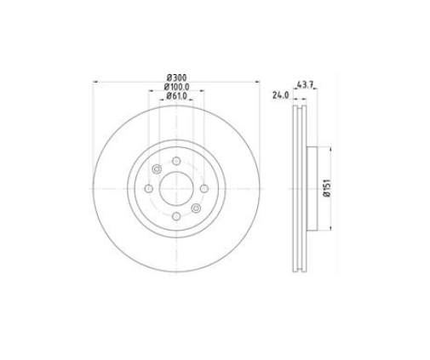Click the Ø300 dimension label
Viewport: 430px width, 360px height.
pos(175,77)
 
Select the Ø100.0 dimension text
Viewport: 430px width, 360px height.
pos(175,86)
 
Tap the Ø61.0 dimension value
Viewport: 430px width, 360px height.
pos(175,95)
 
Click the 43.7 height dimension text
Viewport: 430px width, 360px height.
pos(306,84)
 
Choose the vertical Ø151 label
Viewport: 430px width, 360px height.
pos(327,188)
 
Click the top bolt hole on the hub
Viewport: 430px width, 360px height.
pos(175,161)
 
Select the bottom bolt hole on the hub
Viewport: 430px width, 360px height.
pos(175,216)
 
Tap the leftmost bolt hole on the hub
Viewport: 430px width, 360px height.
pos(148,189)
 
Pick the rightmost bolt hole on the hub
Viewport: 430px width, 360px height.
pos(204,189)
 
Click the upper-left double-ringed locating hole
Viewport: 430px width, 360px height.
pos(156,169)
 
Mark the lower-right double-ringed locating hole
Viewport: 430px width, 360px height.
pos(196,209)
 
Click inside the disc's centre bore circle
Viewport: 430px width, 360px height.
pos(175,189)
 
